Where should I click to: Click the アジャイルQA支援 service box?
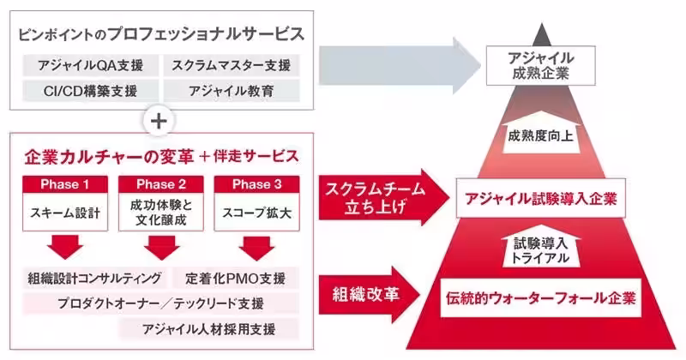pos(84,65)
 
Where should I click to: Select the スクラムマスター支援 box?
pos(231,65)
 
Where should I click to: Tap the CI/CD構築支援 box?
pos(84,90)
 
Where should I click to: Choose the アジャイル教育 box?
pos(231,90)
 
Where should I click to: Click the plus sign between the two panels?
pos(158,120)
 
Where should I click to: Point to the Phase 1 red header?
pos(64,184)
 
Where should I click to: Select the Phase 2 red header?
pos(157,184)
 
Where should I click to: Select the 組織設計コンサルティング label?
pos(93,279)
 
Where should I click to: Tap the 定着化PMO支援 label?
pos(235,279)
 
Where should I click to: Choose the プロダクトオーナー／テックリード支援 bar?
pos(160,303)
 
